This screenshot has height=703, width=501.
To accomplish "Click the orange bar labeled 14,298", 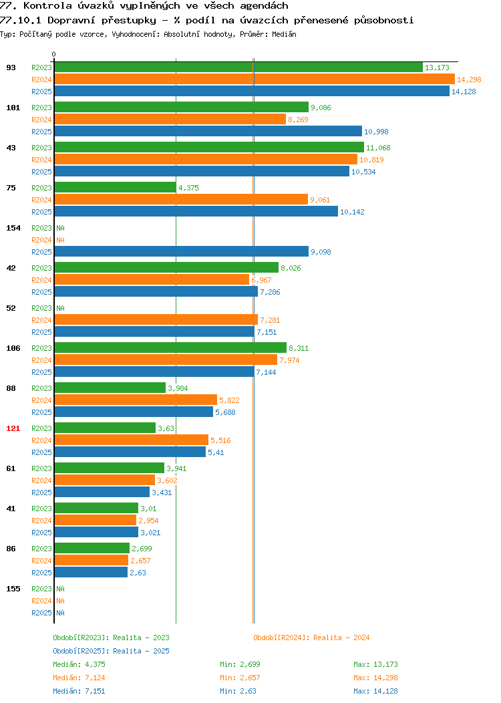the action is pyautogui.click(x=255, y=80).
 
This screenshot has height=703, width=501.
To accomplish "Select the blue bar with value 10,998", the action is pyautogui.click(x=208, y=132).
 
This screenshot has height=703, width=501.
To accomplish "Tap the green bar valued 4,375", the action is pyautogui.click(x=116, y=187).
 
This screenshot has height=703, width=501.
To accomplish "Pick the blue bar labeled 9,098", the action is pyautogui.click(x=182, y=251).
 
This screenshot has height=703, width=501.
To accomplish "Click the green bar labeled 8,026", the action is pyautogui.click(x=167, y=268).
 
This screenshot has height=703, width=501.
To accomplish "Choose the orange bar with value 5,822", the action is pyautogui.click(x=136, y=400).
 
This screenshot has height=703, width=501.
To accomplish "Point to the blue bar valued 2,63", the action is pyautogui.click(x=91, y=573).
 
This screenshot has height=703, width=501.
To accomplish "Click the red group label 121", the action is pyautogui.click(x=13, y=428).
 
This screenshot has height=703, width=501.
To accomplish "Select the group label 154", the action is pyautogui.click(x=13, y=228).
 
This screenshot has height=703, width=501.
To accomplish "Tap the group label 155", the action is pyautogui.click(x=13, y=589).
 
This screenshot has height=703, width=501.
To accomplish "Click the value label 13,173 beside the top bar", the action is pyautogui.click(x=437, y=67).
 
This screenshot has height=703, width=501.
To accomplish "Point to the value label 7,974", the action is pyautogui.click(x=289, y=360).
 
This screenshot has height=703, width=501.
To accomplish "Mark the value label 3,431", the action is pyautogui.click(x=162, y=493).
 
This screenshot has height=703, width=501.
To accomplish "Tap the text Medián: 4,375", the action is pyautogui.click(x=79, y=664).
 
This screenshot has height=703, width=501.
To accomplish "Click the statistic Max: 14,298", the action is pyautogui.click(x=375, y=678).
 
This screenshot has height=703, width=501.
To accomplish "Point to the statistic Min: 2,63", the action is pyautogui.click(x=238, y=692).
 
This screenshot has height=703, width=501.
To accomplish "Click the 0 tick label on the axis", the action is pyautogui.click(x=54, y=54).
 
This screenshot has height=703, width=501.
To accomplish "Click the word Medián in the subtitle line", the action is pyautogui.click(x=284, y=34).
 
